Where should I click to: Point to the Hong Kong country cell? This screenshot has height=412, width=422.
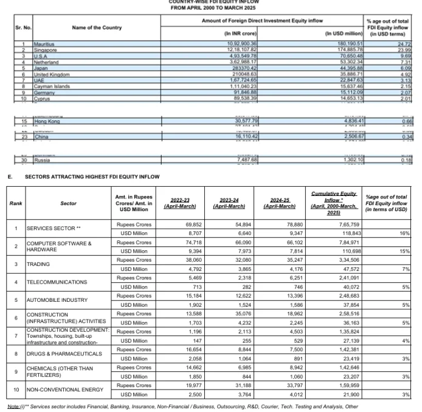(46, 122)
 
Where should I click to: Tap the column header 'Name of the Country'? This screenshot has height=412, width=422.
(97, 27)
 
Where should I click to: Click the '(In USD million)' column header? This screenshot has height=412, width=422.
(345, 32)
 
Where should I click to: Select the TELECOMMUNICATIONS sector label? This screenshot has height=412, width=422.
(57, 282)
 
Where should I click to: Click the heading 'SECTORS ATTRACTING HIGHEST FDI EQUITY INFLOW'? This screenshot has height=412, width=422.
(92, 176)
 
